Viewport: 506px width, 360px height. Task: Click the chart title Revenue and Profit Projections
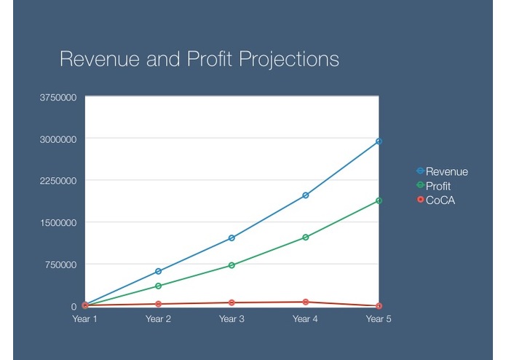(199, 59)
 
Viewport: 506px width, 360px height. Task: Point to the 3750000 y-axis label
(58, 97)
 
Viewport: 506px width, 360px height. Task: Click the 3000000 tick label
(58, 138)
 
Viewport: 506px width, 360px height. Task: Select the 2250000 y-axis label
(58, 181)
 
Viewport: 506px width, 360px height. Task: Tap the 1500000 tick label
(58, 222)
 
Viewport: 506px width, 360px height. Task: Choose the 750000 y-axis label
(60, 265)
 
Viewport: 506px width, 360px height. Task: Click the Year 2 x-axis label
(158, 319)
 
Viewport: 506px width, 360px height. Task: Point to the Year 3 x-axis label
(232, 319)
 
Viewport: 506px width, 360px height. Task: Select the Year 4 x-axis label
(305, 319)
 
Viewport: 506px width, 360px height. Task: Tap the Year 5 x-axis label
(379, 319)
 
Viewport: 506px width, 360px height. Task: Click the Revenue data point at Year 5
(379, 141)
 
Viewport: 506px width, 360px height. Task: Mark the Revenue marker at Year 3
(232, 238)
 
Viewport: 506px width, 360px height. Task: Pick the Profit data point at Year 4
(305, 238)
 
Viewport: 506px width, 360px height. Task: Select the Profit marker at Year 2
(158, 286)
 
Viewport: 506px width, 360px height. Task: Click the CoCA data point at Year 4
(305, 302)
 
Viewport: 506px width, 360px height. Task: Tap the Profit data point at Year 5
(379, 200)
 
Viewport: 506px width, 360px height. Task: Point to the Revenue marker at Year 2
(158, 271)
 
